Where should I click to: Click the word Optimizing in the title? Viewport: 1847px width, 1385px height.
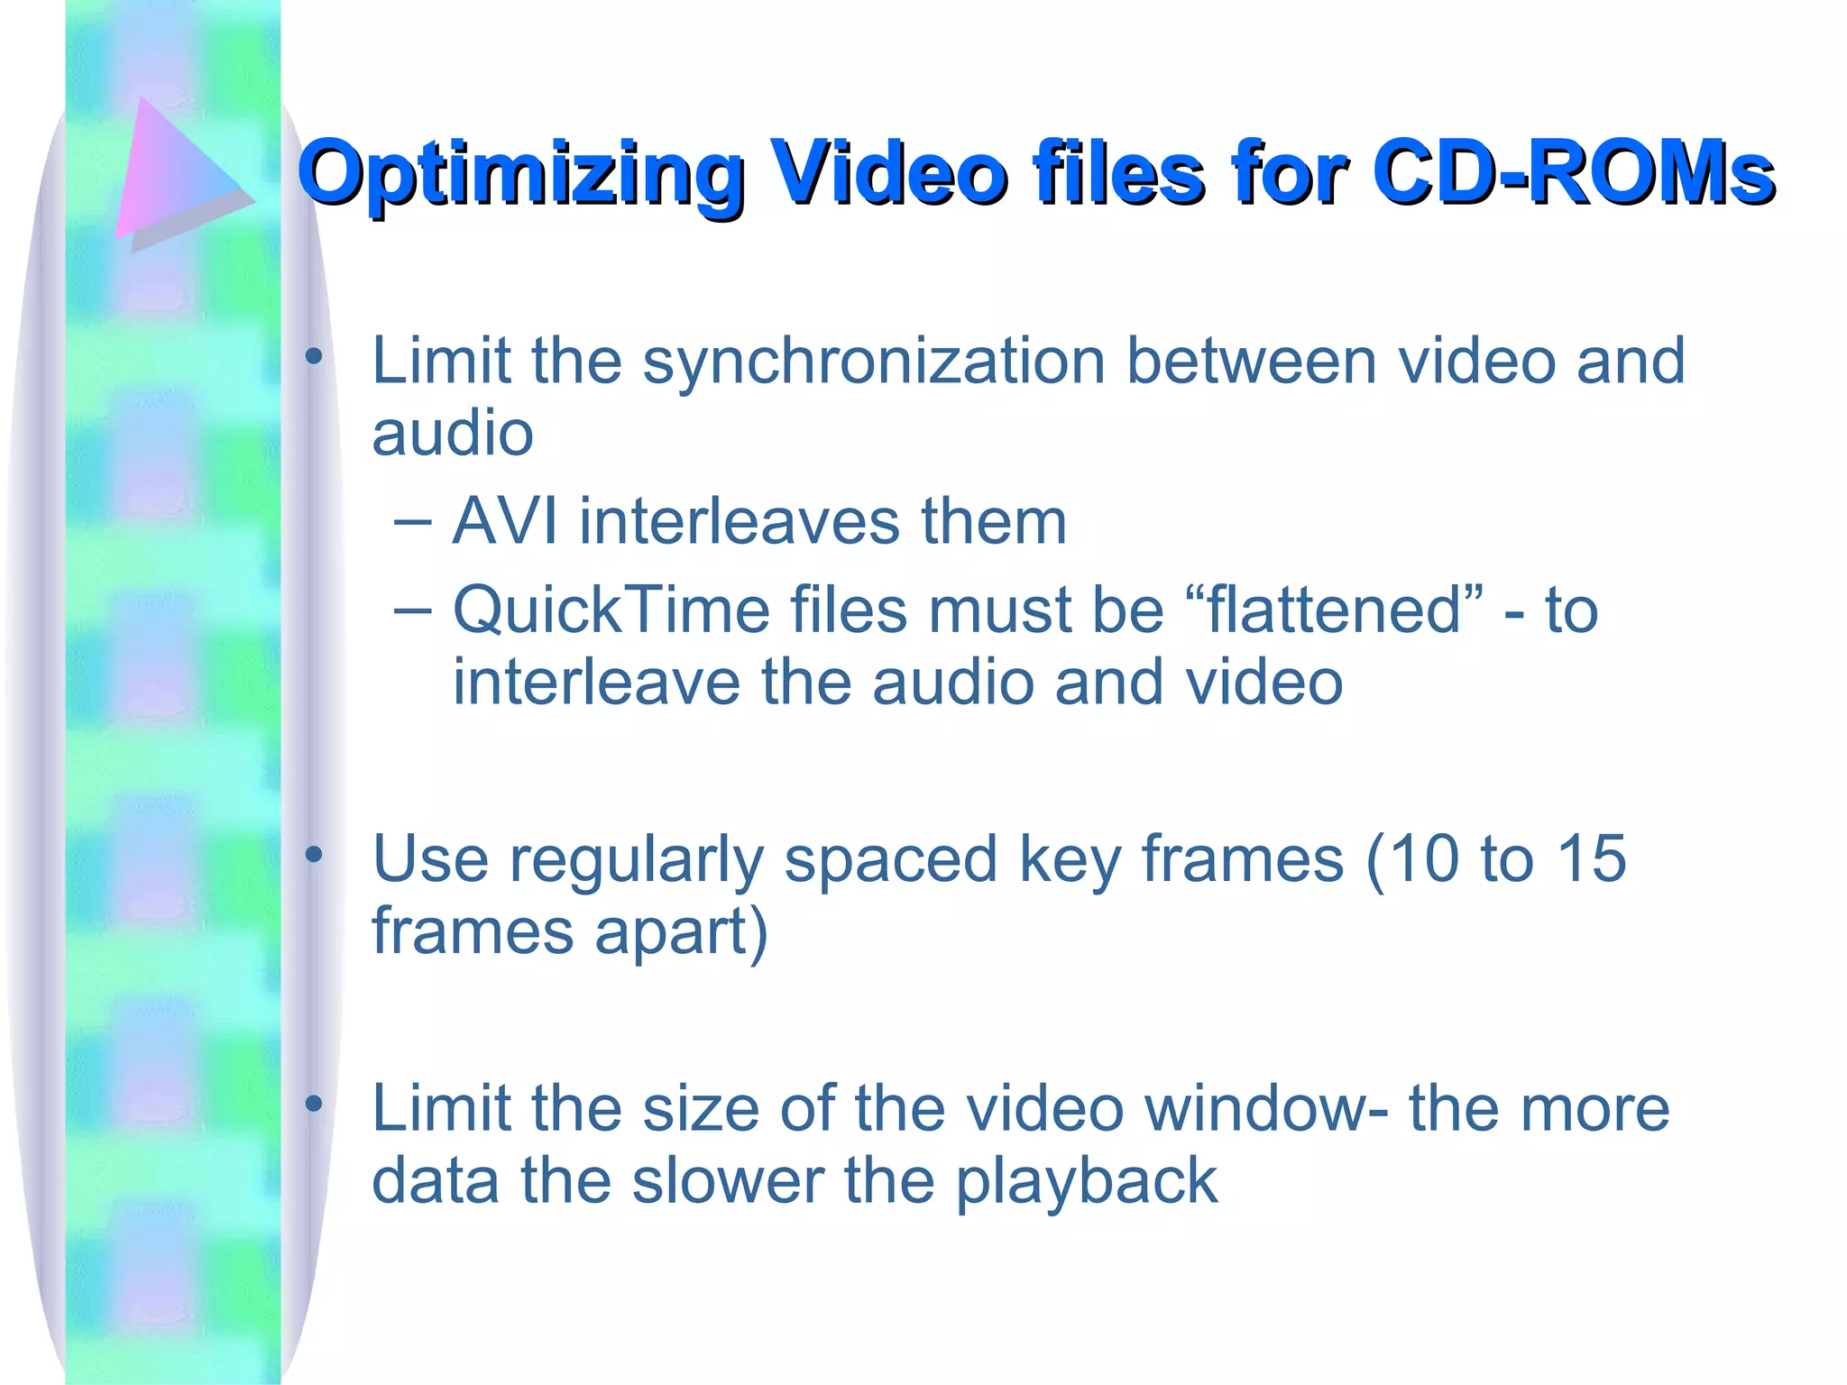point(520,174)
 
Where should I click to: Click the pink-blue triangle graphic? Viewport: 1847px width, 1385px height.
point(177,171)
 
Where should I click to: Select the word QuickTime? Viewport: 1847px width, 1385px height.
point(611,610)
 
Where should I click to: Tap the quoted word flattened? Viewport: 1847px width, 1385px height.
point(1335,610)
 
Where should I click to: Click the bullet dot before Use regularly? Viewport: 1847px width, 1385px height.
point(313,855)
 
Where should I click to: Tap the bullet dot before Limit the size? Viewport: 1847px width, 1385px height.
point(313,1104)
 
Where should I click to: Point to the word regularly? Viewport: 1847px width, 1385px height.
point(636,860)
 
